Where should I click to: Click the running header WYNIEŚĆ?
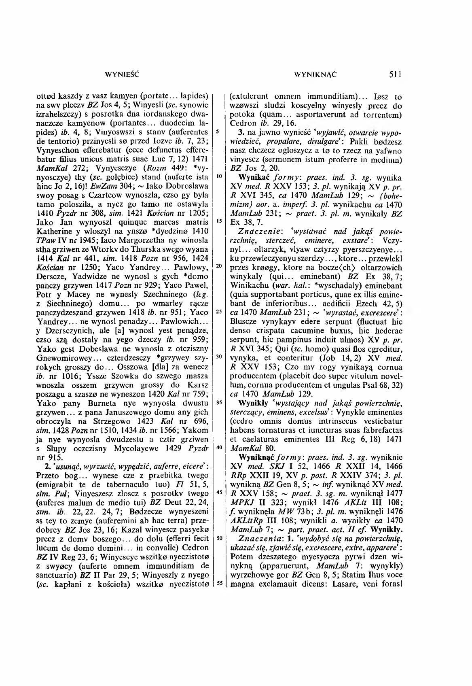(116, 75)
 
